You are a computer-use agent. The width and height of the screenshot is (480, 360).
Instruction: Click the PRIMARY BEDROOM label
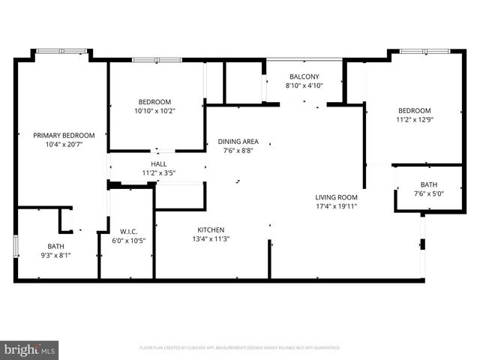[64, 135]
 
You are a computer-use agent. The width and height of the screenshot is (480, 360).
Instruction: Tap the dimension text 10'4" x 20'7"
[64, 144]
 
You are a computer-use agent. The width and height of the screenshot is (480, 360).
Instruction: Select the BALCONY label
[304, 76]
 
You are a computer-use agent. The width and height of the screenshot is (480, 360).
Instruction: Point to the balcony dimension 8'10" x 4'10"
[304, 85]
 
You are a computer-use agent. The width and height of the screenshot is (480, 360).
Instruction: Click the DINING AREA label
[238, 141]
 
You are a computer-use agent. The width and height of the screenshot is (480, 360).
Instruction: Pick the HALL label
[159, 163]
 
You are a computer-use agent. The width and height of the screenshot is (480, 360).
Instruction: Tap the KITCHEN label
[211, 229]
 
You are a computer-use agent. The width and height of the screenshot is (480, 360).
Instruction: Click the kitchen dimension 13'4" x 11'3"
[211, 239]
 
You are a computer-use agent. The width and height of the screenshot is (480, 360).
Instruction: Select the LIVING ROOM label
[337, 196]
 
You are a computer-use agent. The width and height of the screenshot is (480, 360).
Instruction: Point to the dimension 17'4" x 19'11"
[337, 206]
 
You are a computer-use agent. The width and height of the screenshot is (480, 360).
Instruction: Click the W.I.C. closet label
[127, 231]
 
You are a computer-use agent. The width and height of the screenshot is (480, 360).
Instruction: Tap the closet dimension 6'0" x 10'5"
[127, 240]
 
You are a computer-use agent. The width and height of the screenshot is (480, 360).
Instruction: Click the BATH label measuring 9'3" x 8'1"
[56, 246]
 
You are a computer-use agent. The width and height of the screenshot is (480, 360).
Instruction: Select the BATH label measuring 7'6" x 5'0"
[428, 184]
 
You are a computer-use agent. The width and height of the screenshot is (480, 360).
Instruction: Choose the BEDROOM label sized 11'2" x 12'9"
[414, 109]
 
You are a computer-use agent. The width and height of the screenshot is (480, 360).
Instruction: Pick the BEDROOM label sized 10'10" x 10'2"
[154, 102]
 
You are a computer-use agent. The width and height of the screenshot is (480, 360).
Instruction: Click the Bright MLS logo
[30, 349]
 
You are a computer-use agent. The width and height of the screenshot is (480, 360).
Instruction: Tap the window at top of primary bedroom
[61, 51]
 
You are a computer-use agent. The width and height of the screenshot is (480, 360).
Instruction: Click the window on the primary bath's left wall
[16, 247]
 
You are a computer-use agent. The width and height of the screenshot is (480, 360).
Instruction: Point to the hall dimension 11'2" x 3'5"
[159, 172]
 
